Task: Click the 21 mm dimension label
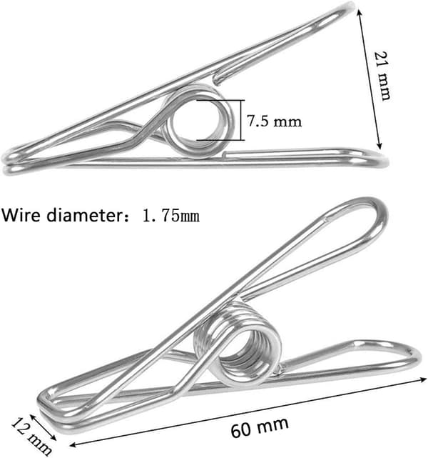click(382, 76)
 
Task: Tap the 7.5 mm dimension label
click(275, 121)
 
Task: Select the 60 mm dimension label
click(260, 427)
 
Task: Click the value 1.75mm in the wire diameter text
click(171, 216)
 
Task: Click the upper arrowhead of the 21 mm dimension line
click(360, 11)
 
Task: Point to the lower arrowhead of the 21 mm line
click(379, 146)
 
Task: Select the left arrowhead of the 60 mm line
click(73, 445)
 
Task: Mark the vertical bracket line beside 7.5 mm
click(241, 120)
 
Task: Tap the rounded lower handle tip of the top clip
click(384, 160)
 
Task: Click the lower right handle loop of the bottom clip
click(417, 357)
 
